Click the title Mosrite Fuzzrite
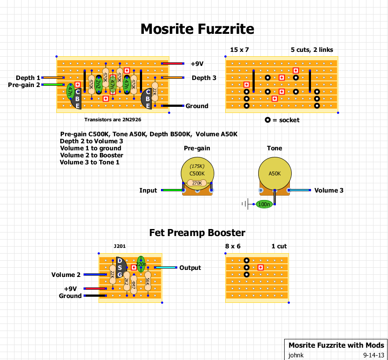click(x=197, y=29)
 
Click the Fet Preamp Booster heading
click(x=197, y=233)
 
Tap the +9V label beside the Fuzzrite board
click(x=197, y=64)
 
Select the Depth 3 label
click(x=204, y=78)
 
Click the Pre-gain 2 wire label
click(x=24, y=85)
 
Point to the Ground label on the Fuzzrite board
click(x=197, y=106)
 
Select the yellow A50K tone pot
click(x=275, y=173)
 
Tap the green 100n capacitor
click(x=264, y=204)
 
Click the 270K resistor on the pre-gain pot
click(x=197, y=183)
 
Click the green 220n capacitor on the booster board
click(x=141, y=264)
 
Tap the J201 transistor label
click(x=119, y=247)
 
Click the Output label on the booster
click(x=190, y=268)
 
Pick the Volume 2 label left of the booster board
click(x=66, y=275)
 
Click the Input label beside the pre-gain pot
click(x=148, y=190)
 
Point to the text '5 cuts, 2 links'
click(x=311, y=50)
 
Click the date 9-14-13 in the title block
click(x=374, y=355)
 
